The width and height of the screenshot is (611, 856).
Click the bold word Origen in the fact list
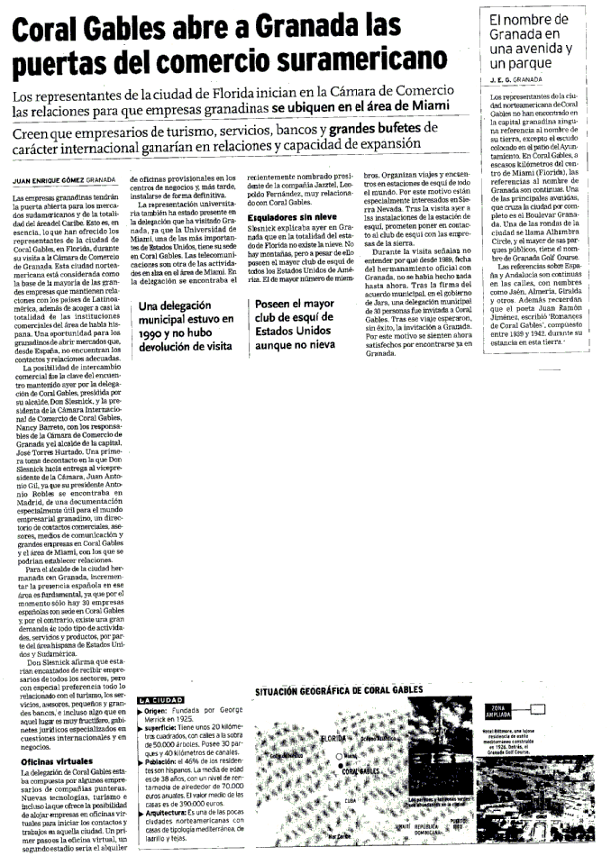156,711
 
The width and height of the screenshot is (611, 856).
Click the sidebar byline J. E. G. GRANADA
510,78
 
